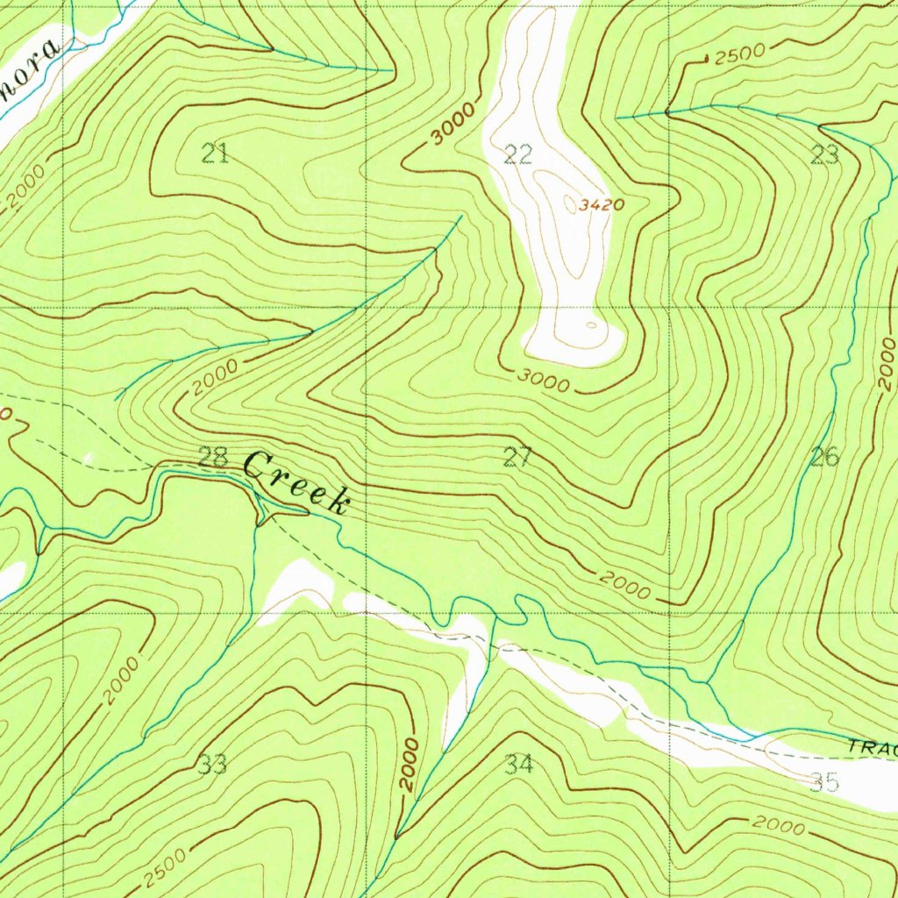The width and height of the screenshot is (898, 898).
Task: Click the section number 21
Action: [215, 154]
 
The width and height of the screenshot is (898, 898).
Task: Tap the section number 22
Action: [518, 155]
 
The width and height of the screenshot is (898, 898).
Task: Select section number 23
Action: [824, 156]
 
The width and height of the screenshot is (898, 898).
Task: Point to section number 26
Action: [824, 456]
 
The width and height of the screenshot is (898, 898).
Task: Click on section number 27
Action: [517, 456]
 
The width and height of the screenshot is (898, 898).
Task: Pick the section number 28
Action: [213, 457]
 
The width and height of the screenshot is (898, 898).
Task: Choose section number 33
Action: [212, 765]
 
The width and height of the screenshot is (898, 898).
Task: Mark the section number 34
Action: [518, 765]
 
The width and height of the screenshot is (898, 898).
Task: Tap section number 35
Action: [824, 781]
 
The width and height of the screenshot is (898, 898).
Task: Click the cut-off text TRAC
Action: [873, 748]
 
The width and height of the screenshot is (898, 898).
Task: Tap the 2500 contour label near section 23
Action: [739, 54]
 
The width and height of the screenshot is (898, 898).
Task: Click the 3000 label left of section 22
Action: [453, 124]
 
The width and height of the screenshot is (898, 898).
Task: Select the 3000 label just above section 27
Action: [542, 381]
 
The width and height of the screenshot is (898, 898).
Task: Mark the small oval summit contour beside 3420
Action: [571, 204]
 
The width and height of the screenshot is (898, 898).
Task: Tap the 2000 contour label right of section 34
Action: [779, 826]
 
